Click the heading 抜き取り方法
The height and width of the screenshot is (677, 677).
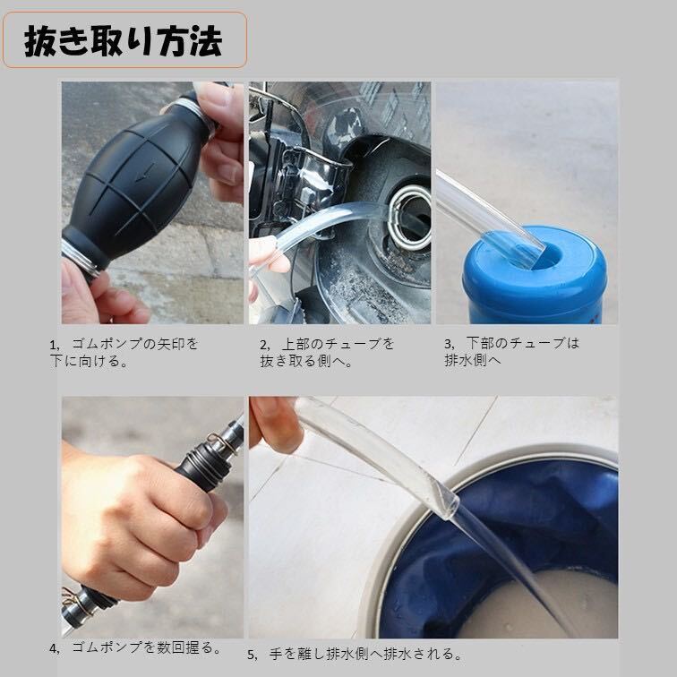point(124,41)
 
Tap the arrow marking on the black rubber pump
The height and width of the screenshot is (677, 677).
point(145,173)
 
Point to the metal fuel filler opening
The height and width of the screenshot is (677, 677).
point(410,218)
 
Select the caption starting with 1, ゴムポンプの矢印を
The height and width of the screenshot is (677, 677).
point(124,352)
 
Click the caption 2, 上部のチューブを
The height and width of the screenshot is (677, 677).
point(327,352)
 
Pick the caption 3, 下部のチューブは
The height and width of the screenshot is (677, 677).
point(511,351)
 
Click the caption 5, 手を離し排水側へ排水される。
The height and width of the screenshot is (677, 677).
point(355,654)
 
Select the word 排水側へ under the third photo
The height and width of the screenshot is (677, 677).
point(473,360)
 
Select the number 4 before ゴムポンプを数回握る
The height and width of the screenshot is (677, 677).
point(54,648)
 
